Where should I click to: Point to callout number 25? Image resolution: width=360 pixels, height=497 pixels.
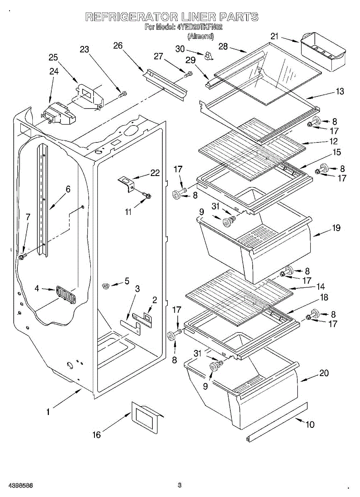(53, 58)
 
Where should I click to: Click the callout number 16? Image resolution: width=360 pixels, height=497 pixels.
(96, 434)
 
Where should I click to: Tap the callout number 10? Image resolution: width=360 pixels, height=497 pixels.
(309, 424)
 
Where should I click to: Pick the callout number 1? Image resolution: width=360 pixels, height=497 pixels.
(48, 412)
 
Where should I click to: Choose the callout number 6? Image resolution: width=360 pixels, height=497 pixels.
(68, 189)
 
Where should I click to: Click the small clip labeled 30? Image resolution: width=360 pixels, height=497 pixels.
(208, 56)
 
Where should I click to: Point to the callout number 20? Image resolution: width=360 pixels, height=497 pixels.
(324, 373)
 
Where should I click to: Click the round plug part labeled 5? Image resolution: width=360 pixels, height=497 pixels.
(106, 285)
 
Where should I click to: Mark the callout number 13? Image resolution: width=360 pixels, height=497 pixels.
(340, 92)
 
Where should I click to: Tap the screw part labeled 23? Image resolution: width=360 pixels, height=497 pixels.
(122, 94)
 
